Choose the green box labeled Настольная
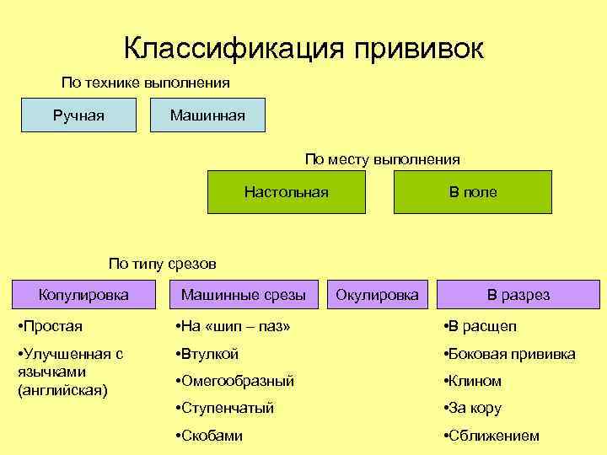coord(287,192)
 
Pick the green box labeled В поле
coord(473,192)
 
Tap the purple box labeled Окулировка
coord(377,295)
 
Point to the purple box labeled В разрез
coord(518,295)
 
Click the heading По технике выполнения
coord(145,83)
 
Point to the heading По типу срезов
coord(163,264)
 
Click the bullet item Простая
coord(53,326)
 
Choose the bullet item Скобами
coord(210,436)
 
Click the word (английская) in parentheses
coord(61,390)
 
